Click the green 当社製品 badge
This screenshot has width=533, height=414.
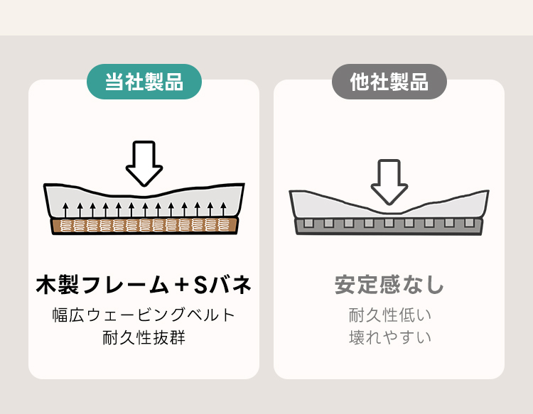click(144, 82)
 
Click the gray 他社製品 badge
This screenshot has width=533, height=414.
click(389, 82)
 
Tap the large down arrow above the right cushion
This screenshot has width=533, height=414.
click(389, 180)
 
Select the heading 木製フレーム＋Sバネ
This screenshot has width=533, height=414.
click(144, 285)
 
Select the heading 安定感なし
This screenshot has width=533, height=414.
click(389, 285)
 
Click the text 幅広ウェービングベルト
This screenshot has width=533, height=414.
click(144, 315)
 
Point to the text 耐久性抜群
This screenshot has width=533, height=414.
click(144, 337)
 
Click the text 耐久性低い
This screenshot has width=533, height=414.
click(389, 315)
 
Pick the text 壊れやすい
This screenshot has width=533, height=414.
click(389, 337)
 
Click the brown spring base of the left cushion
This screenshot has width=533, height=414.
click(144, 226)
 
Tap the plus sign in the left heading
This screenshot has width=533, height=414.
click(183, 285)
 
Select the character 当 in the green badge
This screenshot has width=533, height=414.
click(114, 82)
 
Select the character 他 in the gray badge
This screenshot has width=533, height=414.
click(360, 82)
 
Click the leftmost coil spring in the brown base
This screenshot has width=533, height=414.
click(66, 226)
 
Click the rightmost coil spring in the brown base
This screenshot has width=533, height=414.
click(224, 226)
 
